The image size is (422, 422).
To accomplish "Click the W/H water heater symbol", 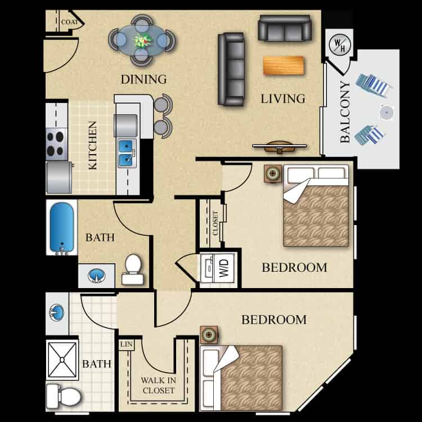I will tap(338, 45).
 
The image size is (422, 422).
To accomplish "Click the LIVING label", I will tap(283, 99).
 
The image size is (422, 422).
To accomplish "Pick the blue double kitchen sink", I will tap(127, 153).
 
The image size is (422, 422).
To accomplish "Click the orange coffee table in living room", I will tap(283, 66).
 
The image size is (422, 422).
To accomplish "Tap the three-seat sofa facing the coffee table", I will tap(231, 69).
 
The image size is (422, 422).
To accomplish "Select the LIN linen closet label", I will tap(124, 343).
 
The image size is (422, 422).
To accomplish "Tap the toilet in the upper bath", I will tap(132, 270).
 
